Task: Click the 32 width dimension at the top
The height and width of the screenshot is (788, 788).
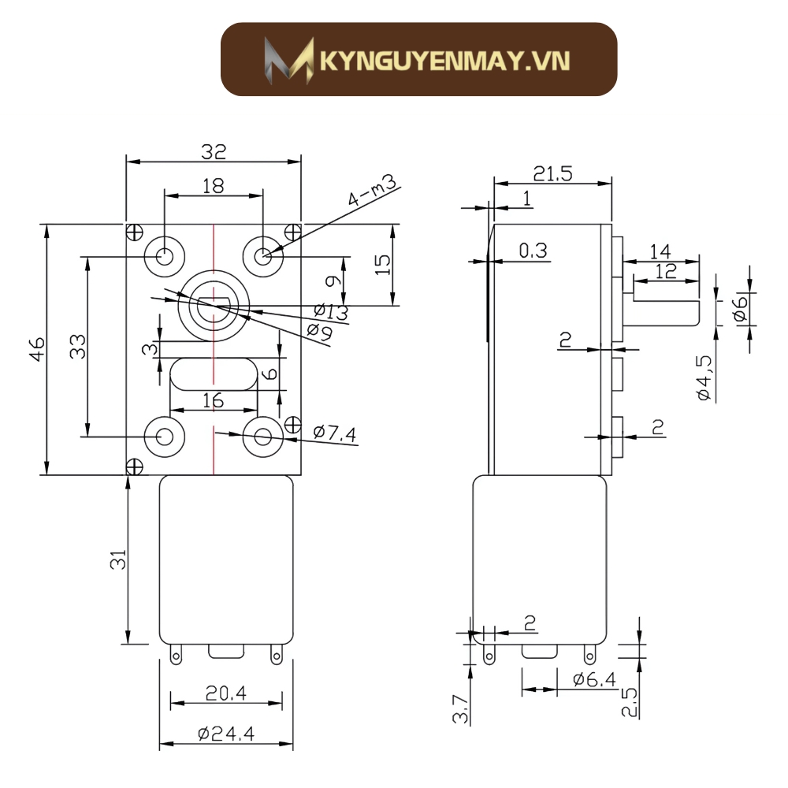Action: [214, 151]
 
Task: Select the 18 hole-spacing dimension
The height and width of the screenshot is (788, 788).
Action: [213, 185]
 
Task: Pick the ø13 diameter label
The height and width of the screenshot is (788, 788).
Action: [331, 312]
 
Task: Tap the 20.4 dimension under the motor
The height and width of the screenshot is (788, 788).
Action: [225, 693]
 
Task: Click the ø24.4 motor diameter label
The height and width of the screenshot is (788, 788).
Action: [225, 734]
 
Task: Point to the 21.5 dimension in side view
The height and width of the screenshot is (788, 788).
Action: [552, 173]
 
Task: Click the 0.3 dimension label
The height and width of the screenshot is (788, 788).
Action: [533, 251]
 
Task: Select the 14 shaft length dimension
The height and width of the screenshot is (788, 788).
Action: [660, 251]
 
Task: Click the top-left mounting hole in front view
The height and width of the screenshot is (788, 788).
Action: [165, 255]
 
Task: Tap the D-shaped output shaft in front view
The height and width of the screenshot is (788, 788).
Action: [213, 307]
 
